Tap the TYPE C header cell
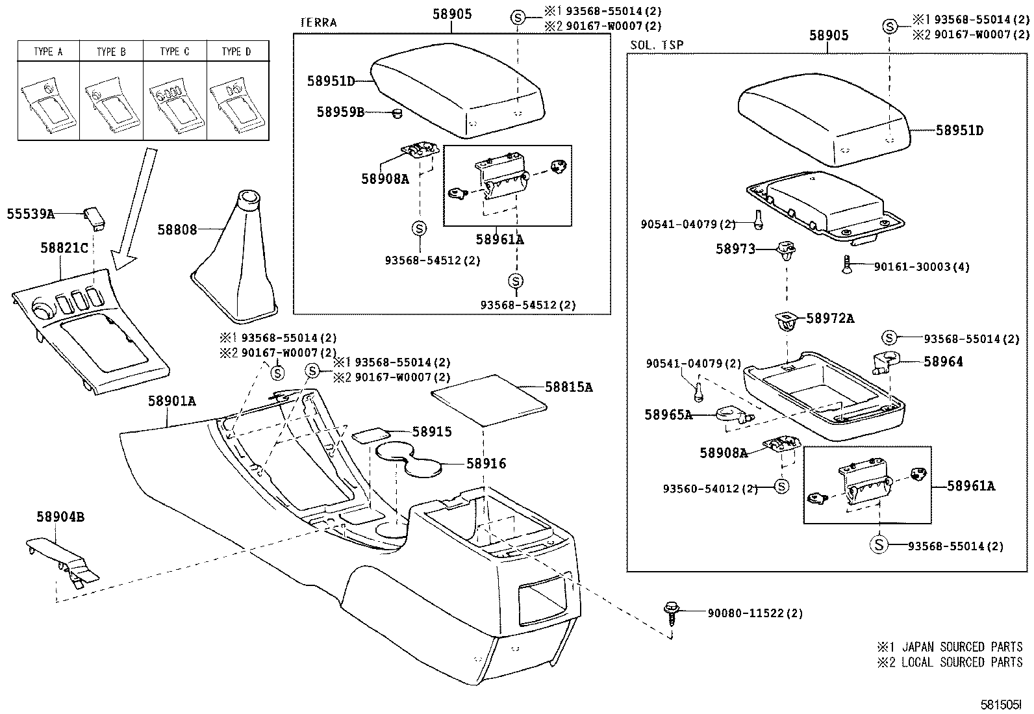point(175,51)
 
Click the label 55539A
point(31,213)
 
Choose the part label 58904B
point(60,517)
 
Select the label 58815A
point(568,387)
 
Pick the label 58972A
point(830,318)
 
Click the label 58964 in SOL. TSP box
point(943,362)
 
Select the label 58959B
point(340,112)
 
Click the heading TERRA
point(318,23)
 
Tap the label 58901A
point(171,402)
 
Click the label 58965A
point(668,414)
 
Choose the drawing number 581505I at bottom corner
point(1001,704)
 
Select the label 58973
point(735,249)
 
